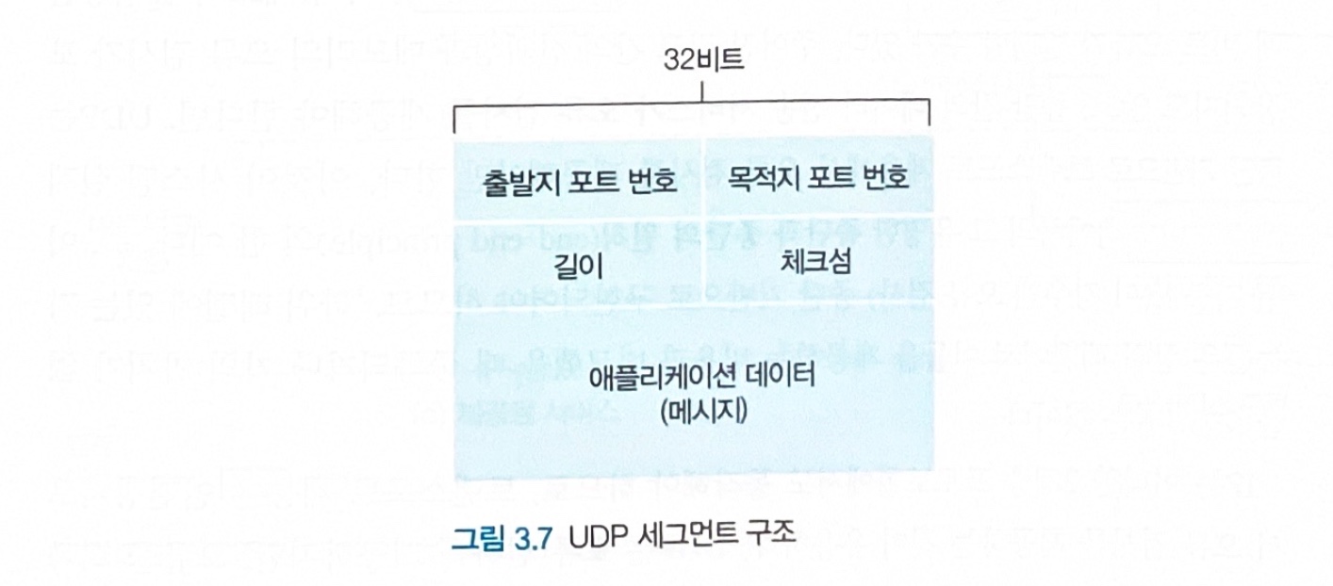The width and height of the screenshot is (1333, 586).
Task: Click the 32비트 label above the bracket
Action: (x=702, y=62)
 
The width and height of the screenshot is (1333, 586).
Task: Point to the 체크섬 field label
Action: (x=816, y=261)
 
